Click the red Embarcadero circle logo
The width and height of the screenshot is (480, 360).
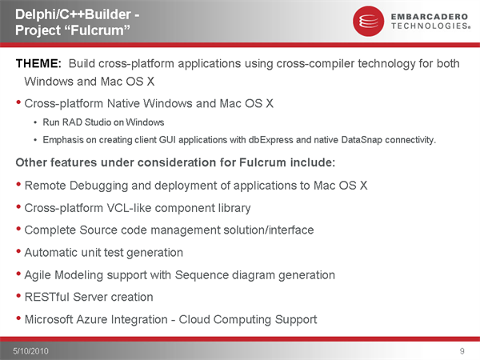pos(368,21)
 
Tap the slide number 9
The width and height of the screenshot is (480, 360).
pos(462,351)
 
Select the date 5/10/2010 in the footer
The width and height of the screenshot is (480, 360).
pos(30,351)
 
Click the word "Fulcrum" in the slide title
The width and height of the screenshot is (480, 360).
pos(97,30)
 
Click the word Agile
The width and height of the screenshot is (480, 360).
pos(38,275)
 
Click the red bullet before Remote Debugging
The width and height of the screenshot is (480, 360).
pos(18,184)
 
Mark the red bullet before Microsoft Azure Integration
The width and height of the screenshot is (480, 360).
pos(18,318)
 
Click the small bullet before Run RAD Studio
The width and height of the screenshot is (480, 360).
pos(35,122)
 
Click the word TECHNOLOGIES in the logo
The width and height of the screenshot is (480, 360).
pos(430,26)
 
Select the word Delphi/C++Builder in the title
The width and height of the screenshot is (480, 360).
pos(73,14)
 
